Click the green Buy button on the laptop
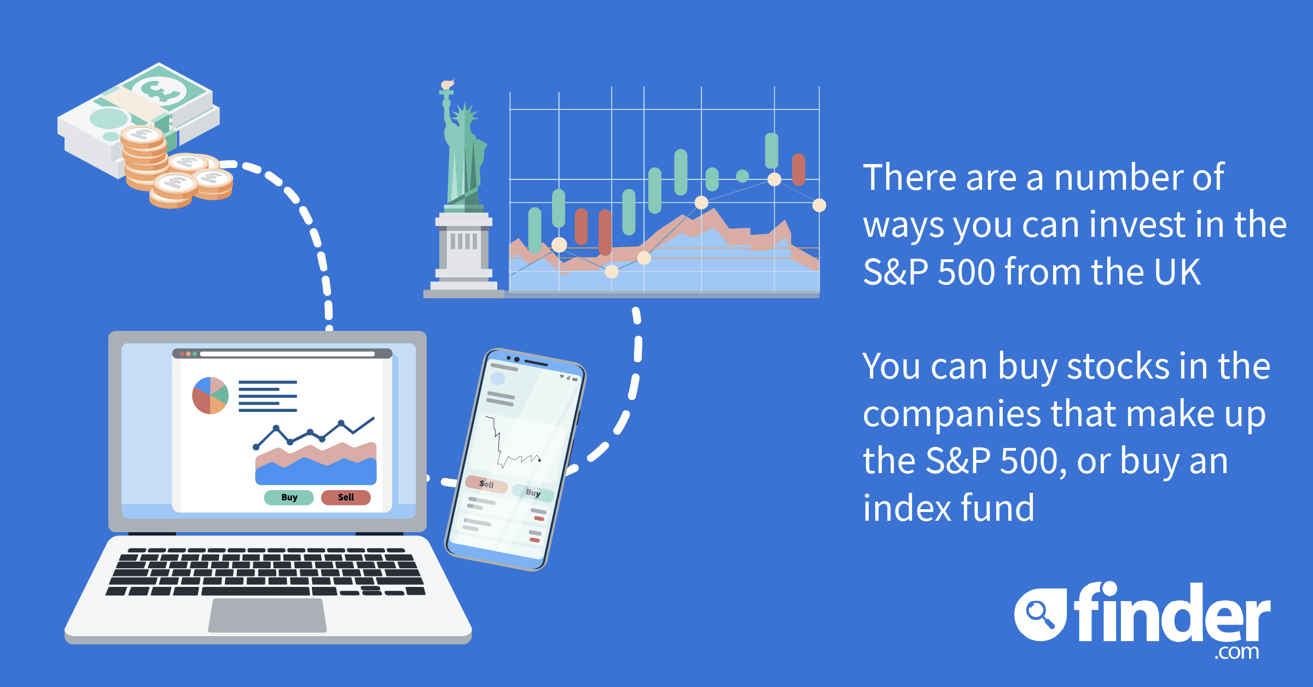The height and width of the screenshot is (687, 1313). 289,497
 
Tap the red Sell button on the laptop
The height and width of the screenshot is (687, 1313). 346,497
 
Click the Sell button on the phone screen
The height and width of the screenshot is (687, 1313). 486,484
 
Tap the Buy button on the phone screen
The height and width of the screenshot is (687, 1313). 533,492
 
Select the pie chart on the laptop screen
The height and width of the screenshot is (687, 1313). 210,395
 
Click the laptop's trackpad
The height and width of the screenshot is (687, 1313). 268,615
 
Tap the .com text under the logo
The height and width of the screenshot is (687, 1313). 1237,652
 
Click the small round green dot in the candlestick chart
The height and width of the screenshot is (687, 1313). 742,176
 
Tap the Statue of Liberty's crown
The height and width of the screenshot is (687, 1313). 466,115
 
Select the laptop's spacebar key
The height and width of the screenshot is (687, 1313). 256,591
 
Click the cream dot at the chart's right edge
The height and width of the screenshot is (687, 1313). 819,205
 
